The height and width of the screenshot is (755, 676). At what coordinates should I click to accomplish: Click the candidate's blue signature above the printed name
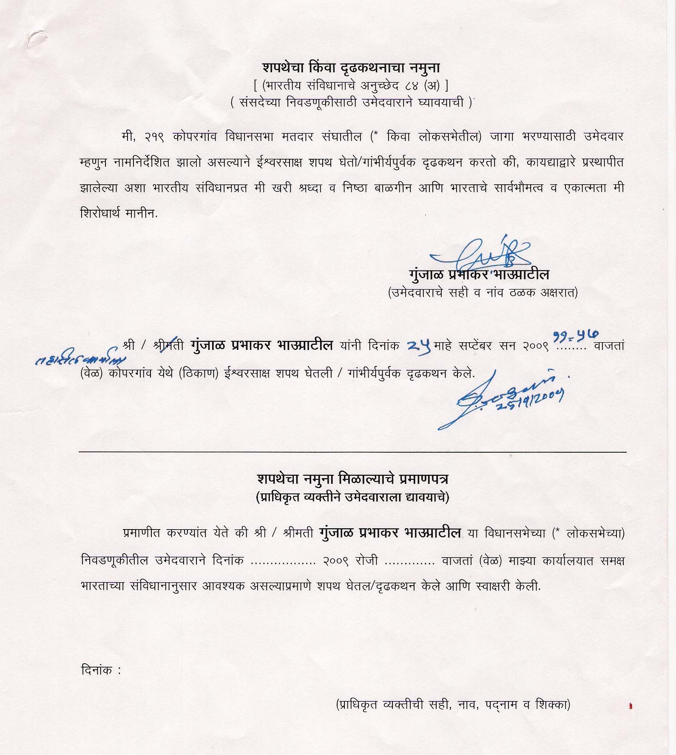[480, 253]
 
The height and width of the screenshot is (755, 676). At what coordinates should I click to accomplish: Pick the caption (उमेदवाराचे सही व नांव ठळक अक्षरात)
[482, 293]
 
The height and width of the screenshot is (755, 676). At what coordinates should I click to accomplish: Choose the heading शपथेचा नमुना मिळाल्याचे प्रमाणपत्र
[352, 479]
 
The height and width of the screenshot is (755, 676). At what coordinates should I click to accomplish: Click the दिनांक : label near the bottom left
[101, 670]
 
